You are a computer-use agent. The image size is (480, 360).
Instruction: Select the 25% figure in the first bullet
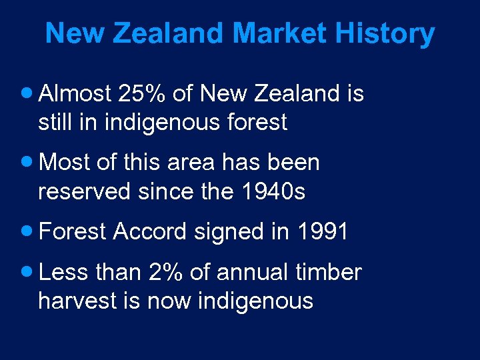[142, 94]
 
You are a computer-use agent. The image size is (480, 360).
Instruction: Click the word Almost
[75, 94]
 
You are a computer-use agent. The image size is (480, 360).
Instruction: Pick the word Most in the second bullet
[65, 163]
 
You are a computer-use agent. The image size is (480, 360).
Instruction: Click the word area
[202, 163]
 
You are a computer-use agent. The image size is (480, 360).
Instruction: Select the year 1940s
[276, 191]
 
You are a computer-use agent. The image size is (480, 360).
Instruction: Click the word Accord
[151, 232]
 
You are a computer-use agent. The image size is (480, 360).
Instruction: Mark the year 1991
[323, 232]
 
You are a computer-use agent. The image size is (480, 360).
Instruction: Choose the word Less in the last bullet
[65, 272]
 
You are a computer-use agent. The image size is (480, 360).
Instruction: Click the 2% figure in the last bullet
[166, 272]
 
